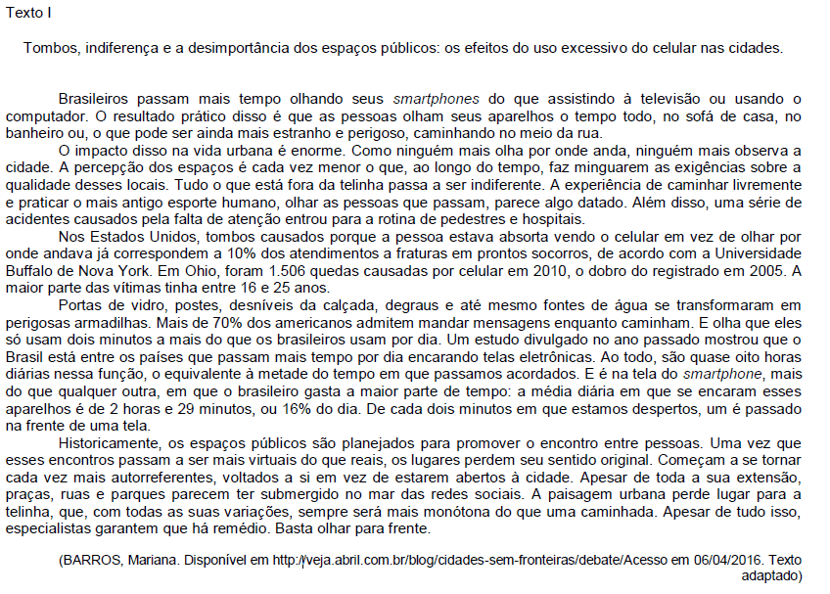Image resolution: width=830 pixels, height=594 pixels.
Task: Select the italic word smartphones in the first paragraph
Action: coord(438,99)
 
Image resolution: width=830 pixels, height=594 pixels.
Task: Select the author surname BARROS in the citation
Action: coord(92,560)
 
